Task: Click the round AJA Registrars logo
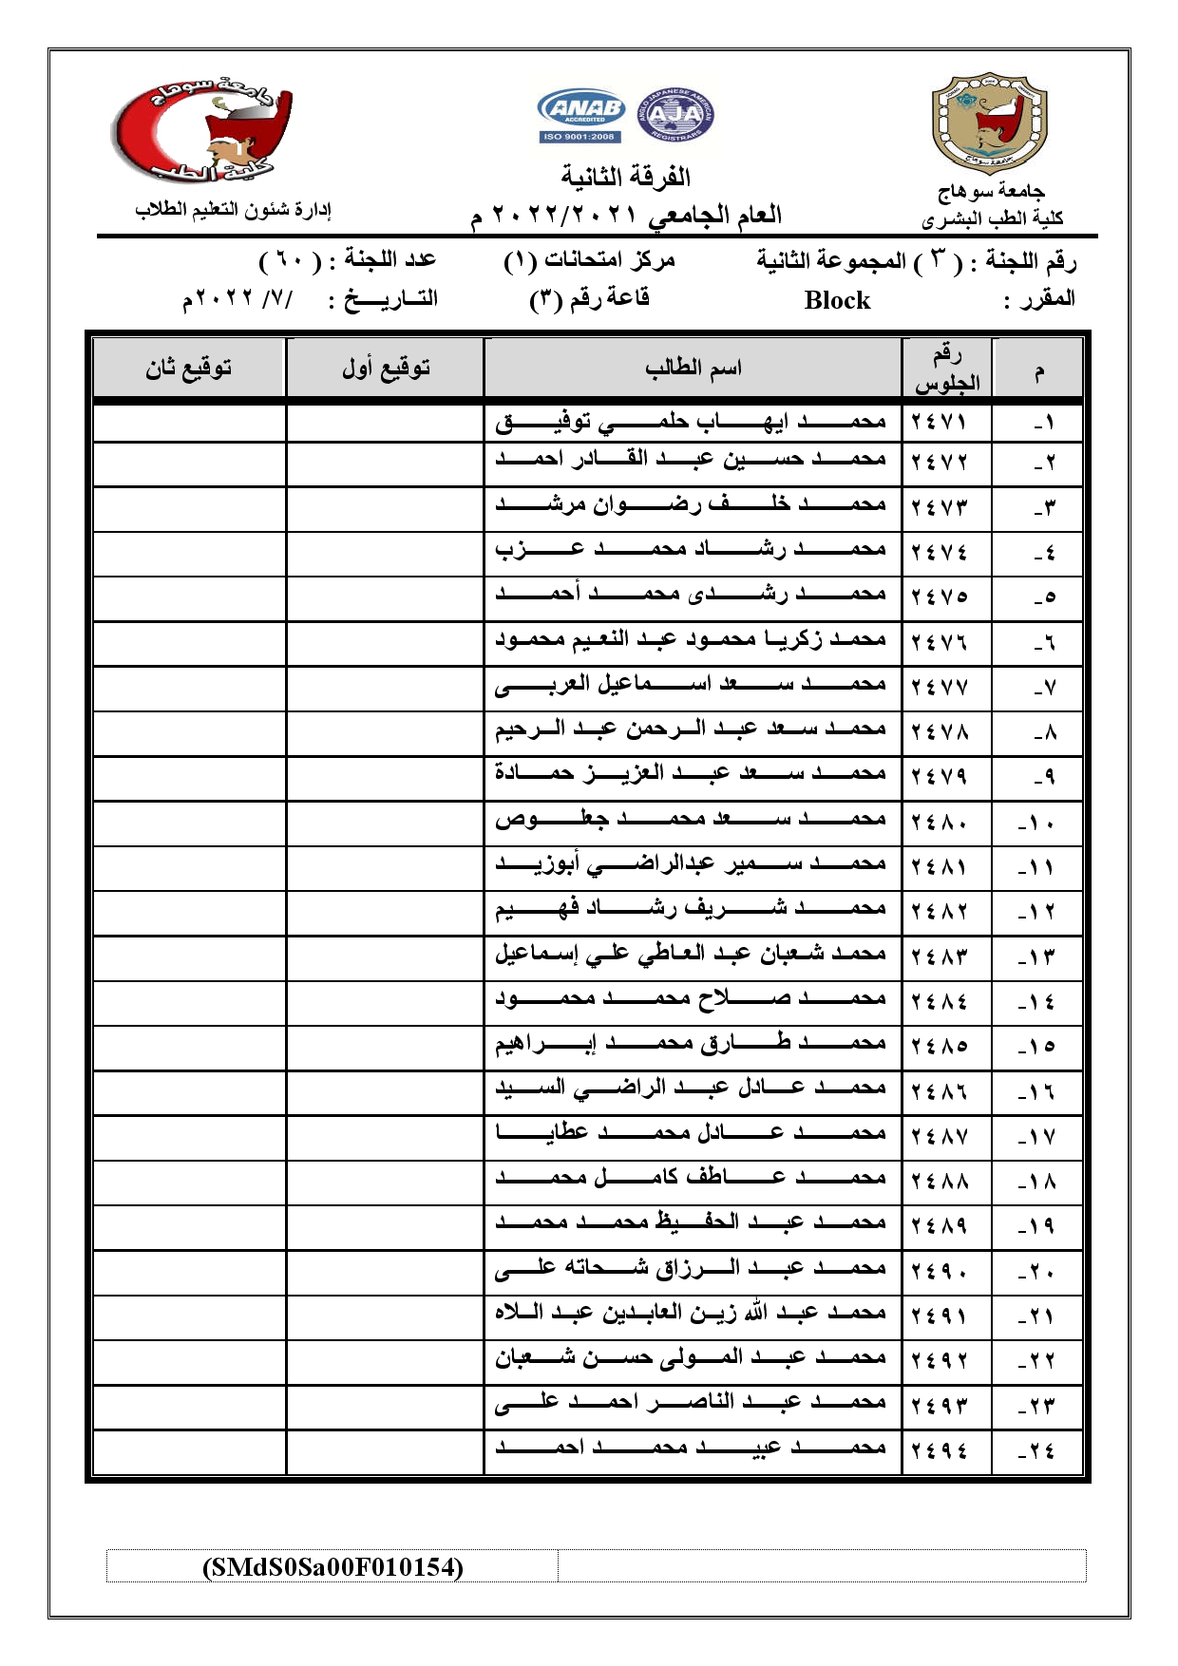point(674,115)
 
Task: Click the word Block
point(836,300)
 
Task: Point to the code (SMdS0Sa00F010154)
point(332,1566)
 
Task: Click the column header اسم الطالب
point(693,368)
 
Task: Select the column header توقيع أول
point(386,368)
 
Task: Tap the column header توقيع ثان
point(189,368)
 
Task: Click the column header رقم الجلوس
point(946,369)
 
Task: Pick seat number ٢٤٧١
point(939,422)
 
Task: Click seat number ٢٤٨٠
point(939,823)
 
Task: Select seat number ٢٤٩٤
point(939,1450)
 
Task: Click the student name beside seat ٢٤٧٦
point(691,639)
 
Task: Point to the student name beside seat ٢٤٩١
point(691,1313)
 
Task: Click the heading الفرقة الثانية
point(625,177)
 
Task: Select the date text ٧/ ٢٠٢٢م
point(239,299)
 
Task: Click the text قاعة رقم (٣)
point(589,299)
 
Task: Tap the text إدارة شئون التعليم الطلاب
point(233,209)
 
